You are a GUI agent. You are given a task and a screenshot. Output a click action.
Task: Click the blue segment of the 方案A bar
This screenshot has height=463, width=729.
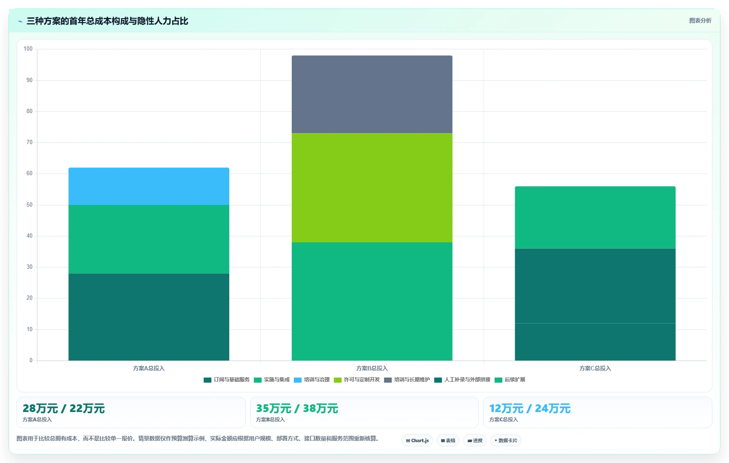(149, 187)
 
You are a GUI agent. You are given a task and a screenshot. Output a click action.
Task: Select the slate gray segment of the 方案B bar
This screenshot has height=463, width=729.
(372, 94)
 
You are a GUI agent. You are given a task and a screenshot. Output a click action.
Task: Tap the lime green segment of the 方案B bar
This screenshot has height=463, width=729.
(372, 188)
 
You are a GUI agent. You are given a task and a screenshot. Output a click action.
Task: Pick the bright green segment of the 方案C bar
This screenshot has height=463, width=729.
(595, 218)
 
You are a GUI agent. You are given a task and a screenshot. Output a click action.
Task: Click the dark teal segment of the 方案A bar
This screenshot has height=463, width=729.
(149, 317)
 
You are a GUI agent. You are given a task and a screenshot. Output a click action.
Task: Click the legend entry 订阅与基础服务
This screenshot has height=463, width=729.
(227, 380)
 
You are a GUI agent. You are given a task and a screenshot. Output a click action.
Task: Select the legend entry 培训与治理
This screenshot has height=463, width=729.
(311, 380)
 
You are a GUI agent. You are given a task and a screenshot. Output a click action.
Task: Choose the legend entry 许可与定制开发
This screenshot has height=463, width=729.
(357, 380)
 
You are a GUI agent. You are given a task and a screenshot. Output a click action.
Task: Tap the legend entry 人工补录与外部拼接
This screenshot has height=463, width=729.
(462, 380)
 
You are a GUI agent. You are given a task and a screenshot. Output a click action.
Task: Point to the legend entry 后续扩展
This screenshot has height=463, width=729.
(510, 380)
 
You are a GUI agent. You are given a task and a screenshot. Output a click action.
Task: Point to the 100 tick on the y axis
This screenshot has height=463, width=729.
(28, 49)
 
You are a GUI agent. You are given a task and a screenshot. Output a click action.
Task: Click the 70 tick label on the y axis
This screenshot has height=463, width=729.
(30, 142)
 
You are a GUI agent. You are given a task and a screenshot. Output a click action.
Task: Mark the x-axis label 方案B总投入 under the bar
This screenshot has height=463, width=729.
(372, 368)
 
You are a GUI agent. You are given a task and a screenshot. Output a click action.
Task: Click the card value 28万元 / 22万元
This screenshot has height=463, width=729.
(64, 408)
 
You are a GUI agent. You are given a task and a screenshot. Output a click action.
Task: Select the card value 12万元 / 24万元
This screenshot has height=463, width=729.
(530, 408)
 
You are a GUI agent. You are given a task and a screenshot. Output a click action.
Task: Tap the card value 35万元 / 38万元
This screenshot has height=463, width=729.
(297, 408)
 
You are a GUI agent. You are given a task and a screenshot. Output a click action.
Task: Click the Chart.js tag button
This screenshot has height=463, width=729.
(417, 440)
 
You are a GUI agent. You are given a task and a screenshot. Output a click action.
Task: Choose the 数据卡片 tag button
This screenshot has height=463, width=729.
(506, 440)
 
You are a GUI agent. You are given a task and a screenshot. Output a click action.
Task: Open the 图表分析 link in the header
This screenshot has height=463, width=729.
(700, 20)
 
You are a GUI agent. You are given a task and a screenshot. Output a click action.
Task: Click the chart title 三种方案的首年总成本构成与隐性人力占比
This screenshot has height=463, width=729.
(108, 21)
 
